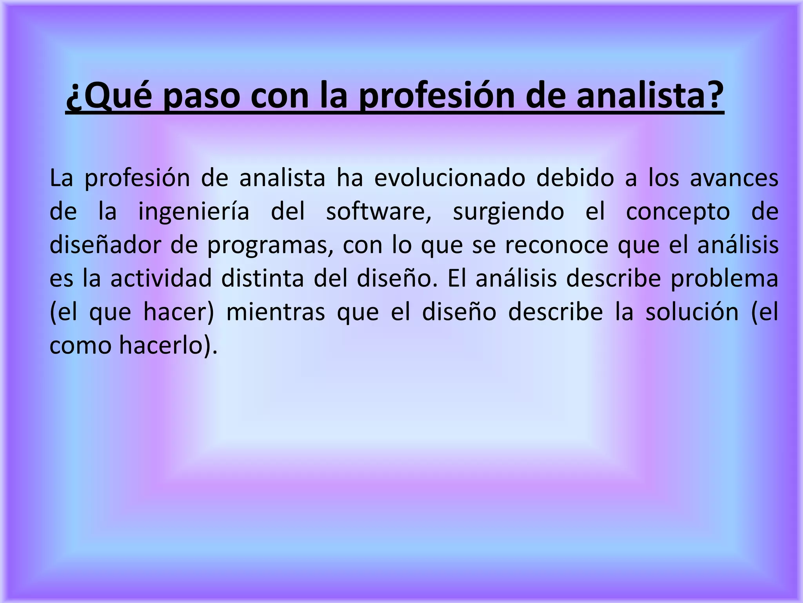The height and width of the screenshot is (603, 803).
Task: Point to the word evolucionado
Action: tap(449, 177)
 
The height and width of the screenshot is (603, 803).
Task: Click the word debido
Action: tap(575, 177)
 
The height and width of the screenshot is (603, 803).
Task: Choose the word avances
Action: tap(734, 177)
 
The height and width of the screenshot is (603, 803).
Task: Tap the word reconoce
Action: tap(556, 245)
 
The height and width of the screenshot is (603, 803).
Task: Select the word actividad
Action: tap(161, 278)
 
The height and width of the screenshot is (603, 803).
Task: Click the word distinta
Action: tap(262, 278)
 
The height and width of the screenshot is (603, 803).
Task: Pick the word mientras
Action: tap(276, 312)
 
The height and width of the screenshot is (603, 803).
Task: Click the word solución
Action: tap(692, 312)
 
